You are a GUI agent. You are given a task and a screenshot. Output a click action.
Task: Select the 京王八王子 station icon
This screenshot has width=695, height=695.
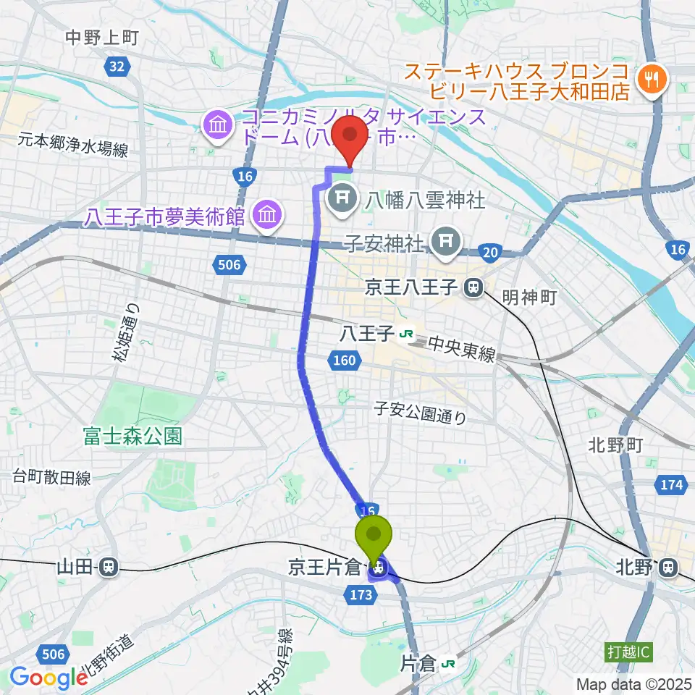click(474, 288)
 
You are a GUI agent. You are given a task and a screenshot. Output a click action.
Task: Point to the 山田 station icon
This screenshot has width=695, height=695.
click(109, 567)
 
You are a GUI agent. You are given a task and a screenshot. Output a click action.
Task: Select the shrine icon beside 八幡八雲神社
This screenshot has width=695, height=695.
click(343, 197)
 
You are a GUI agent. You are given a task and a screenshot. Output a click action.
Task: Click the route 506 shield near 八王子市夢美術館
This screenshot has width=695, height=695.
click(229, 266)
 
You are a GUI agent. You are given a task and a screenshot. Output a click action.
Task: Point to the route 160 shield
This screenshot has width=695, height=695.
click(345, 360)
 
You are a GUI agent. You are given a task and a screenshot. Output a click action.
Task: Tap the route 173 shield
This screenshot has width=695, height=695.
click(364, 595)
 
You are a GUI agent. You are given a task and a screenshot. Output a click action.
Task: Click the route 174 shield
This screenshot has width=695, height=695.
click(671, 484)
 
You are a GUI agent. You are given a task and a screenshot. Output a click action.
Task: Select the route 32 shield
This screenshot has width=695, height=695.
click(115, 67)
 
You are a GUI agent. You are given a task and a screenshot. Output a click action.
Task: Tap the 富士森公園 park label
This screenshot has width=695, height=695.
click(132, 436)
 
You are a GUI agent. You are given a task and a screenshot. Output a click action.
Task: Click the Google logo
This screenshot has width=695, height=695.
click(49, 678)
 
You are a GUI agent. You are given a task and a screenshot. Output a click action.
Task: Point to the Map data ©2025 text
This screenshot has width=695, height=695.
click(634, 683)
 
